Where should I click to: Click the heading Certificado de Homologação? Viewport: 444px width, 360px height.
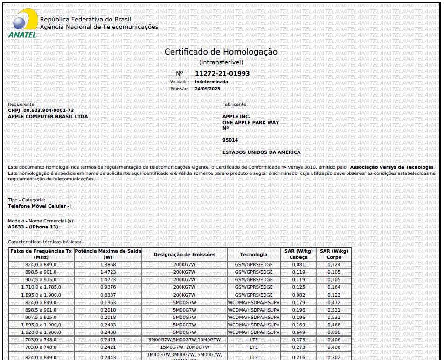pos(221,52)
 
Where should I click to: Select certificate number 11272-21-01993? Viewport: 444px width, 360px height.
pos(222,73)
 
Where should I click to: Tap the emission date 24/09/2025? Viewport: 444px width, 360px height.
pos(207,89)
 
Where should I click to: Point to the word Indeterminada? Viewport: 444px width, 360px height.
pos(211,82)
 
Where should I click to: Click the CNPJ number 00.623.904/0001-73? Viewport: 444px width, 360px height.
pos(49,111)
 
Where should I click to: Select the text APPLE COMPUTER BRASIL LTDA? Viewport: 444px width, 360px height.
pos(48,117)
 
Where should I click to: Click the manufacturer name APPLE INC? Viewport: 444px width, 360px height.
pos(236,117)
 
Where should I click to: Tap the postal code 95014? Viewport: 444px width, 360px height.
pos(230,140)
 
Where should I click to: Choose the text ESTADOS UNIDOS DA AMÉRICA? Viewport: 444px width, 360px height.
pos(261,152)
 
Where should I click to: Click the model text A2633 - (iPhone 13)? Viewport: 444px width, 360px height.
pos(33,227)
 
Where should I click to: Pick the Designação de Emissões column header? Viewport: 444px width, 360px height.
pos(184,255)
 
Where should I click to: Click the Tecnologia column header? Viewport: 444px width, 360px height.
pos(254,255)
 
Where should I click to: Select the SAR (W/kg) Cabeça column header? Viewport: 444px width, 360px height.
pos(298,254)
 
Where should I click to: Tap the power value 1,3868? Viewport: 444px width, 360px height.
pos(108,265)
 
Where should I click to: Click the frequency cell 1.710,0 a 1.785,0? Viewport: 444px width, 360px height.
pos(41,287)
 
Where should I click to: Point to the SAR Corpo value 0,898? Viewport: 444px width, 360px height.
pos(333,332)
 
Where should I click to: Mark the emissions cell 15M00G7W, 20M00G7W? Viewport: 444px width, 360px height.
pos(184,347)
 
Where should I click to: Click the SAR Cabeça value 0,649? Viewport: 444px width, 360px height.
pos(298,332)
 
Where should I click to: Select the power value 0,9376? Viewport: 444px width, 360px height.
pos(108,287)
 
